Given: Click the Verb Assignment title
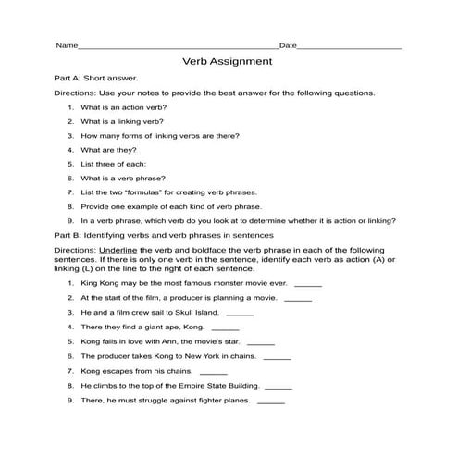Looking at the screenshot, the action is click(229, 62).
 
